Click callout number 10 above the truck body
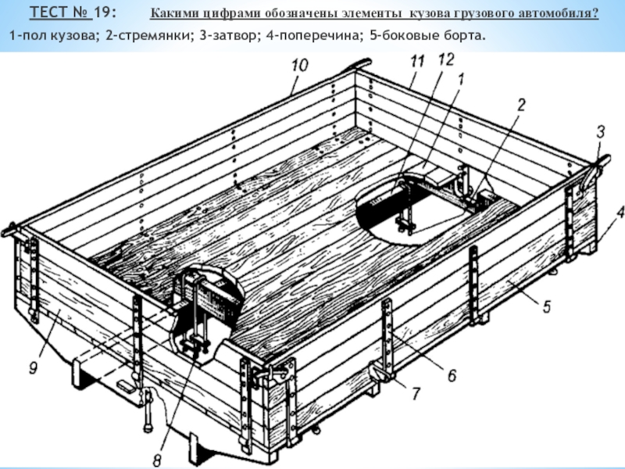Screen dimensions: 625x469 300,65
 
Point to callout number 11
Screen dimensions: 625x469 417,62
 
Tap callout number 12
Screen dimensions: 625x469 445,59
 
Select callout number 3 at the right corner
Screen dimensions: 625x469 601,131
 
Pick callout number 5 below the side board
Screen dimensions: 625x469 546,306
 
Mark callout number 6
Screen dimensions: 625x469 452,375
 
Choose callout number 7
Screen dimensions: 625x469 416,393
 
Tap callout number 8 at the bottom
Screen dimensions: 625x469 157,460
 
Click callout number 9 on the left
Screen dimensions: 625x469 34,367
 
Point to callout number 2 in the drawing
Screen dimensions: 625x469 521,105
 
